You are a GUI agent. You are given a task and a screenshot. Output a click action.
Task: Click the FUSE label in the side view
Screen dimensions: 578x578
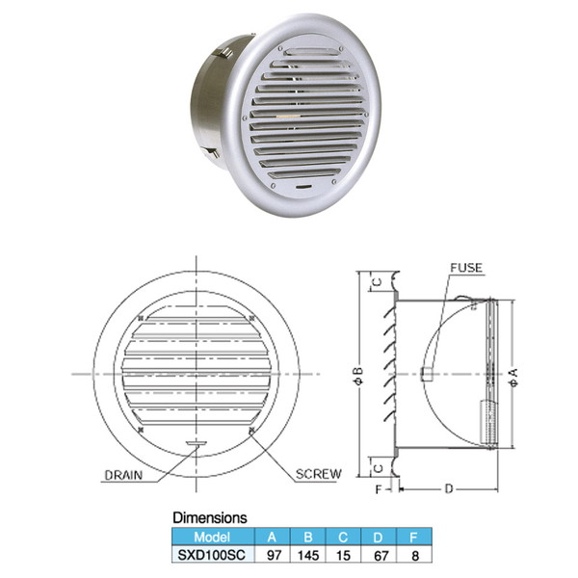coord(466,267)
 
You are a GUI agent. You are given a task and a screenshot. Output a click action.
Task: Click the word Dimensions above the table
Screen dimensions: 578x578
coord(209,517)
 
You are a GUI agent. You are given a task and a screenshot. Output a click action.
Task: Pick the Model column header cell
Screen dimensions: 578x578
coord(211,537)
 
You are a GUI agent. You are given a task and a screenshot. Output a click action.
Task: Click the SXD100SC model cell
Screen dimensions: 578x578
coord(211,556)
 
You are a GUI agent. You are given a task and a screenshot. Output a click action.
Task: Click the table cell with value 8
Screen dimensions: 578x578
coord(416,556)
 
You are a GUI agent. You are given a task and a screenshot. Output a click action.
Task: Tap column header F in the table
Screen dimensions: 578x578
coord(416,537)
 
